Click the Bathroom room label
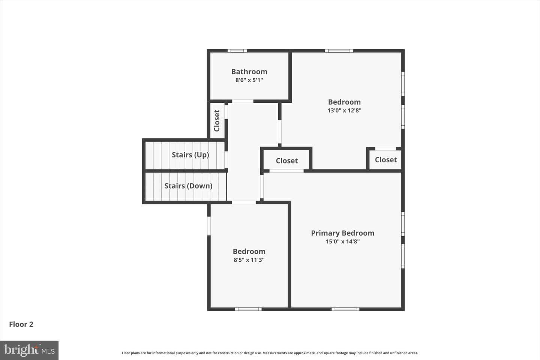click(249, 72)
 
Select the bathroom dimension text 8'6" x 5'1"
click(249, 80)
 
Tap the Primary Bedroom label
click(343, 233)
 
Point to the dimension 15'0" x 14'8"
click(343, 241)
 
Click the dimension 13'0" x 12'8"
click(344, 110)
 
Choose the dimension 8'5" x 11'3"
click(249, 260)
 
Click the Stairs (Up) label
click(190, 155)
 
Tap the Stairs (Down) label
click(188, 186)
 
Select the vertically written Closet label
click(217, 121)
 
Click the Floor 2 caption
click(21, 324)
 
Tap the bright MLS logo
click(29, 350)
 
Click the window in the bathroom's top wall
click(237, 51)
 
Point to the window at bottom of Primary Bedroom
click(345, 309)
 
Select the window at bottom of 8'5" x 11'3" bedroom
click(248, 309)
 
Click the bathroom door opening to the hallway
click(243, 101)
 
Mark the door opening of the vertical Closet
click(226, 112)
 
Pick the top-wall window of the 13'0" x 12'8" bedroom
click(339, 51)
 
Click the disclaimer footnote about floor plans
click(270, 353)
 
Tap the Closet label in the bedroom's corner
click(386, 160)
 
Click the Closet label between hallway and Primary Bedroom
click(286, 160)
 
